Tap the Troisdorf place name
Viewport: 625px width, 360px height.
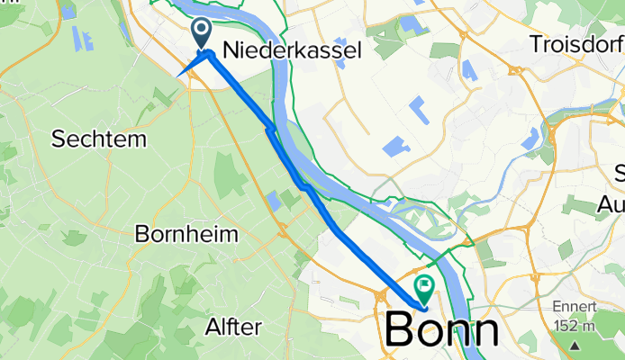[x=577, y=43]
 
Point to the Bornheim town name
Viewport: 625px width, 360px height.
[x=186, y=235]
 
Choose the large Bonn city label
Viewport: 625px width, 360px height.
[x=442, y=330]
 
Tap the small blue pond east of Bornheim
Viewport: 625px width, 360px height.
[x=274, y=199]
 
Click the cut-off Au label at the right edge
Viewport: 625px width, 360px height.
[x=612, y=205]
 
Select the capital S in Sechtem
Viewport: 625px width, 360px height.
[x=58, y=139]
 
